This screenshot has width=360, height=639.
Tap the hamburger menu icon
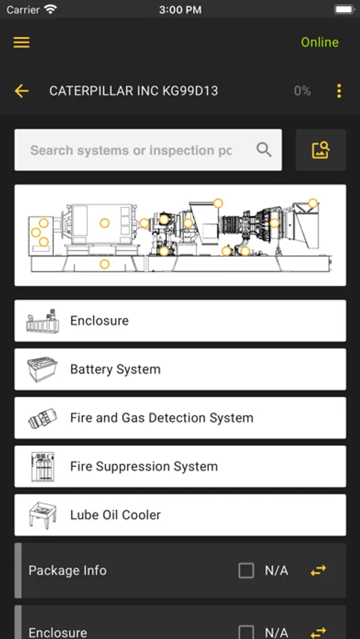[x=21, y=43]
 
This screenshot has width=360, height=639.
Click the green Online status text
[x=320, y=43]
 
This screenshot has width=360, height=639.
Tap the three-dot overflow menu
[x=339, y=91]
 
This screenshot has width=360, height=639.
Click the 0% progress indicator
[x=302, y=91]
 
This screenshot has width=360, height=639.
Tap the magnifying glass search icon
[x=264, y=150]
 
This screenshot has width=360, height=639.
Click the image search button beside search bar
[x=321, y=150]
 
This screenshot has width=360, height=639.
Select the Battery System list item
[x=180, y=369]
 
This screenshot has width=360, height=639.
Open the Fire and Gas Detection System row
[x=180, y=417]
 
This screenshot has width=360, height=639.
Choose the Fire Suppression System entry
[x=180, y=466]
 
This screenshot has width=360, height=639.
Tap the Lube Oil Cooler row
[x=180, y=515]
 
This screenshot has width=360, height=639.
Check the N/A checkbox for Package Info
[x=246, y=571]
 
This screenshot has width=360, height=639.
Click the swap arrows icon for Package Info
[x=318, y=571]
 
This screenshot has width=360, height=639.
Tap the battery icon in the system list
[x=42, y=369]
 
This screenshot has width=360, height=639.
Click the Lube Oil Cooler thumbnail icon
[x=42, y=515]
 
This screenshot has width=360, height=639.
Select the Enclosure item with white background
[x=180, y=321]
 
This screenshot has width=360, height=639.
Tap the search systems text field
[x=131, y=150]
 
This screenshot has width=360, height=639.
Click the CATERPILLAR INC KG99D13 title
[x=133, y=91]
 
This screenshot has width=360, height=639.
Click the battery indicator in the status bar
[x=344, y=10]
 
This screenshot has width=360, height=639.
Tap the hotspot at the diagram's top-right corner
[x=312, y=203]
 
